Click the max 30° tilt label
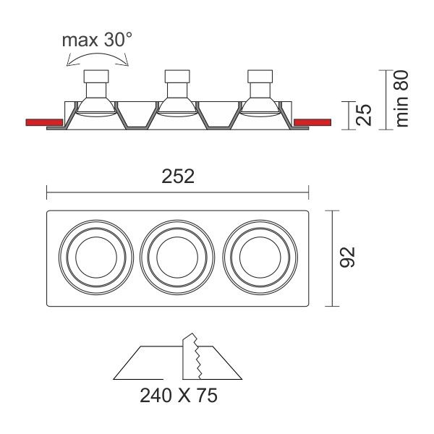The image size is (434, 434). click(97, 40)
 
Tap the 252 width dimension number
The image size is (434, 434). click(178, 176)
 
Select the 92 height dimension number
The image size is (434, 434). click(347, 257)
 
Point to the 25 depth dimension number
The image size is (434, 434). click(363, 115)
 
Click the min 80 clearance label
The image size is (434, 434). click(401, 98)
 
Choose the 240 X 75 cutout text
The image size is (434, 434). click(179, 396)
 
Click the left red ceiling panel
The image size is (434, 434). click(44, 122)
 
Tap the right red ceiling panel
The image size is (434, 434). click(312, 122)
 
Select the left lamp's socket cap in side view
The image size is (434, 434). click(96, 77)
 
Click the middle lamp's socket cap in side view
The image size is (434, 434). click(177, 77)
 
